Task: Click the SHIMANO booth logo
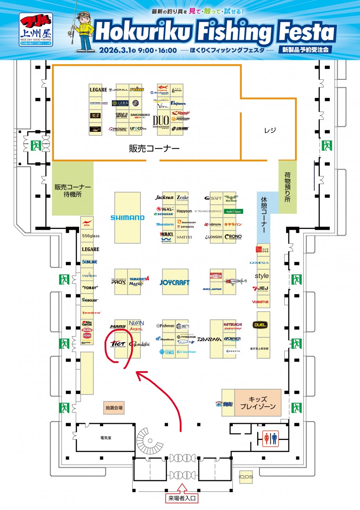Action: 127,218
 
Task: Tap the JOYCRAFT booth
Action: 175,282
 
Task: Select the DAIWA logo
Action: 209,339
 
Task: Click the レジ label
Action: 270,130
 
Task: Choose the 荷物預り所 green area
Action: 288,187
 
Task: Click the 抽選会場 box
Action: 114,407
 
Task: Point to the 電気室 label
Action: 106,438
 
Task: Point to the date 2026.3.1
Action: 116,50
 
